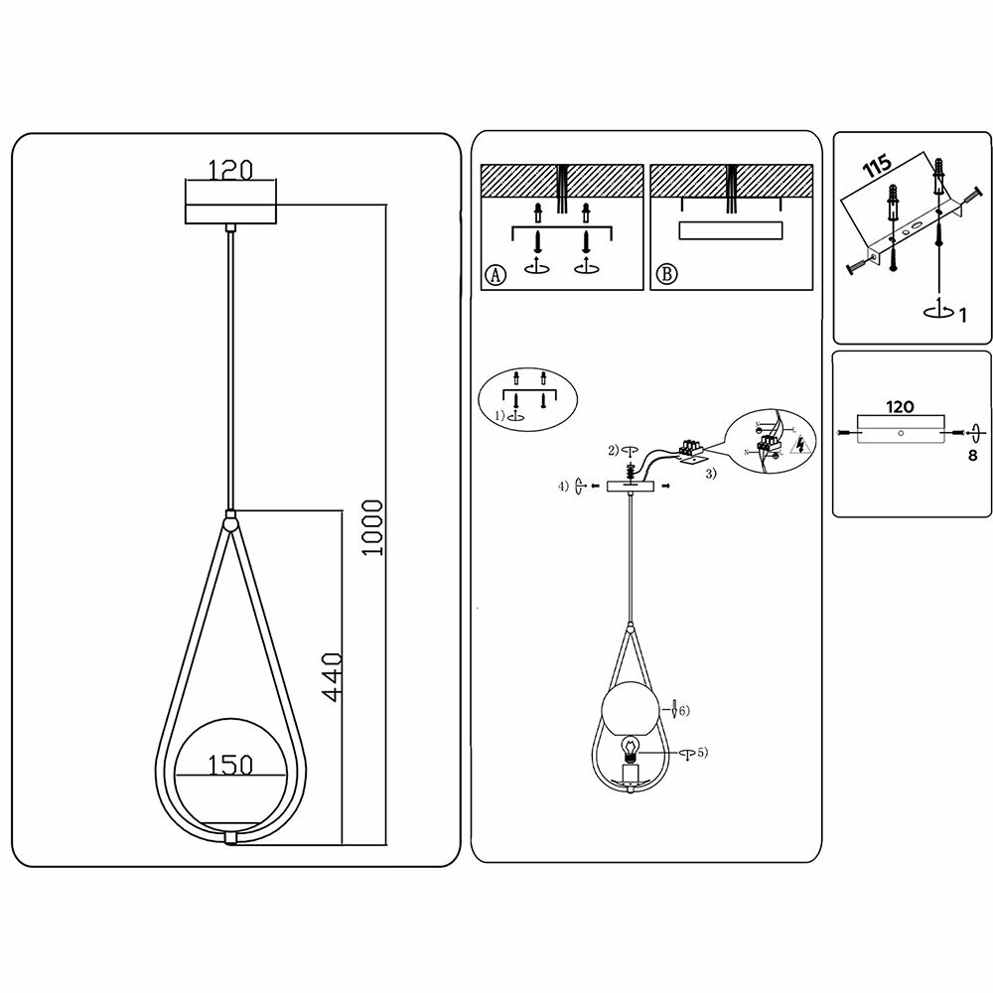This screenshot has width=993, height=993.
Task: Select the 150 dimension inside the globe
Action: click(x=229, y=765)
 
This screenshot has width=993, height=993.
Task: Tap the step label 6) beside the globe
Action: click(x=684, y=710)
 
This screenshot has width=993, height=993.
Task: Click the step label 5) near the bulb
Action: click(x=702, y=753)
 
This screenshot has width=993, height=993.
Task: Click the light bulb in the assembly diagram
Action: click(x=629, y=748)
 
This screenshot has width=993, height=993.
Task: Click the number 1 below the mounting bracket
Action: click(x=961, y=315)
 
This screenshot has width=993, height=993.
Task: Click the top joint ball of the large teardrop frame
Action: click(x=230, y=519)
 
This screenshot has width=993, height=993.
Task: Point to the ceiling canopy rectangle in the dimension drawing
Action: click(x=230, y=203)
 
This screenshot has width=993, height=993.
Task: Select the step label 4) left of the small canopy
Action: click(x=563, y=486)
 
